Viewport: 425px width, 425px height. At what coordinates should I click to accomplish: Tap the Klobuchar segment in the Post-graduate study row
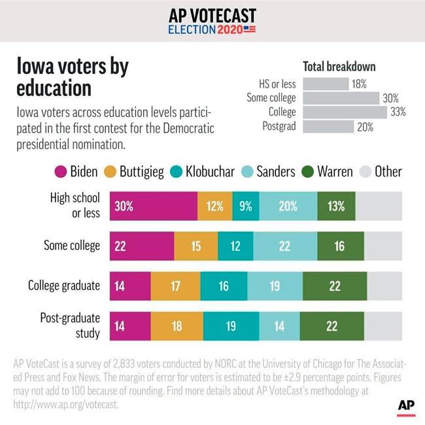231,325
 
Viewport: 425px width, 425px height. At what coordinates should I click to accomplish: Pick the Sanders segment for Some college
284,246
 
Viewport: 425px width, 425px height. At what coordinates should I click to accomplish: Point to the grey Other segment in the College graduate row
385,286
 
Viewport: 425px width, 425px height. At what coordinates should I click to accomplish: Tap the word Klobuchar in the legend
209,172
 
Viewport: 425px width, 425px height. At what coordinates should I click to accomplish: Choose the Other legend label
388,172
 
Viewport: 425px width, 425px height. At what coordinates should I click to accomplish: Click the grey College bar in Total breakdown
345,112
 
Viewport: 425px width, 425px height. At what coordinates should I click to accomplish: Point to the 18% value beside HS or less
358,84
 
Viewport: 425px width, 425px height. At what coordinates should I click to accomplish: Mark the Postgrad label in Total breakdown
279,127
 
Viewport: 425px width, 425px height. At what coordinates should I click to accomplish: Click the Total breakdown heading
339,67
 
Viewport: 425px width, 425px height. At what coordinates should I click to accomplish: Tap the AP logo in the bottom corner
406,405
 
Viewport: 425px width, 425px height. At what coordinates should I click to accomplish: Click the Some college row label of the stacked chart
72,246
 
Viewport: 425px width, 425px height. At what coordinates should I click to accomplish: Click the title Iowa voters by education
72,76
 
